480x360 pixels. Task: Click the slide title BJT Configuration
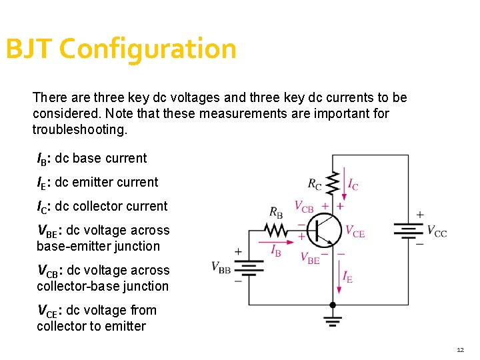(121, 49)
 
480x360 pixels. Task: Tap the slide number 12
(460, 350)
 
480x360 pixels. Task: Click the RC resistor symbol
(333, 183)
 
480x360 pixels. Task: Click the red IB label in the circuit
(276, 250)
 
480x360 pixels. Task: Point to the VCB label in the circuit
(304, 207)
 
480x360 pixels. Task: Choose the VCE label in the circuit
(355, 231)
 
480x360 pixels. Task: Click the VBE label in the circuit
(310, 258)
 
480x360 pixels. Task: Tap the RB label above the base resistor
(276, 213)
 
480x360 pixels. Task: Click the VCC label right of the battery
(437, 232)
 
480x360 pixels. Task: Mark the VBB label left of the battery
(221, 267)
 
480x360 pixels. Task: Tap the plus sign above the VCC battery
(420, 215)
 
